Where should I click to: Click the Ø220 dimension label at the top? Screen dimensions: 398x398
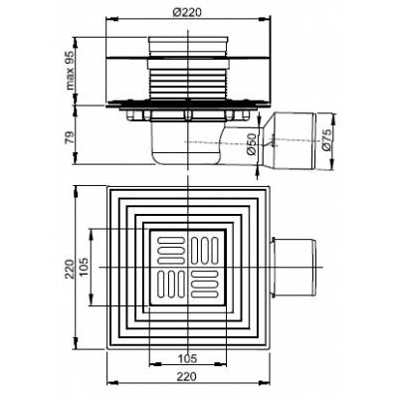click(x=187, y=13)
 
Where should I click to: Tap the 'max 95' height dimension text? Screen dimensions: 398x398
click(x=70, y=70)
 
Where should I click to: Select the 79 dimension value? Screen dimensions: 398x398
click(x=69, y=136)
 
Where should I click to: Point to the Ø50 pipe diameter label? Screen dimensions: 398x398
click(x=252, y=144)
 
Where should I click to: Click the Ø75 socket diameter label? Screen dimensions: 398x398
click(x=326, y=140)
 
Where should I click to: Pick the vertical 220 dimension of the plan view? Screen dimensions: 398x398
click(x=70, y=269)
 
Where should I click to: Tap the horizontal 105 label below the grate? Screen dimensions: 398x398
click(x=187, y=358)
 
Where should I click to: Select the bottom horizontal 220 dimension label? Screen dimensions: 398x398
click(x=186, y=376)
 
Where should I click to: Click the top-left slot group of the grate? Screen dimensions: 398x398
click(x=170, y=251)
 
